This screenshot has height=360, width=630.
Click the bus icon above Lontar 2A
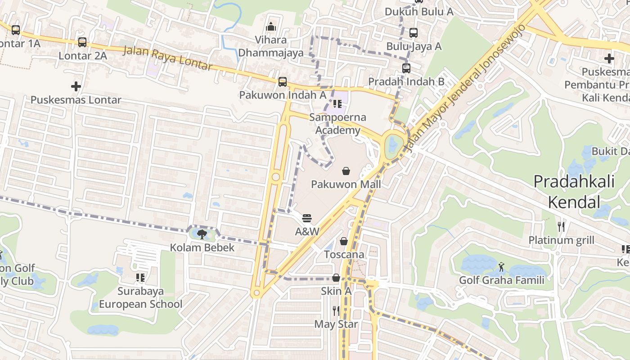point(82,42)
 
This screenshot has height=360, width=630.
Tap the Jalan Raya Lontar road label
point(167,58)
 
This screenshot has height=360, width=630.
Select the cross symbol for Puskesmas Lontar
point(76,86)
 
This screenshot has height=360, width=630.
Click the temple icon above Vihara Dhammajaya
point(271,27)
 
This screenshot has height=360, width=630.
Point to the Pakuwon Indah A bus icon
point(283,82)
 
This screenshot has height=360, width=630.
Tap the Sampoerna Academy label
point(337,124)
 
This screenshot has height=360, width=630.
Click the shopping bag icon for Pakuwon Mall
point(346,171)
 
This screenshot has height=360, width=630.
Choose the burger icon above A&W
point(307,219)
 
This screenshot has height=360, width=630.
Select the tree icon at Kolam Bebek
point(202,234)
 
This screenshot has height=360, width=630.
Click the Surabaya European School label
point(140,297)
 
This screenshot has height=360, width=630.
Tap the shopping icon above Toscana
point(344,242)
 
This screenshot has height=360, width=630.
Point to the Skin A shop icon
point(336,278)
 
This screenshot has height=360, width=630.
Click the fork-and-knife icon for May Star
point(336,310)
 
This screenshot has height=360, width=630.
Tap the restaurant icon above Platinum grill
point(561,227)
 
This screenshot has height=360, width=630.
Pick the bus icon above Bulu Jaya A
point(414,33)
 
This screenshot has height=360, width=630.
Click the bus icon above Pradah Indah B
point(406,68)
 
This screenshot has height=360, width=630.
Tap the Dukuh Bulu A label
point(419,12)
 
